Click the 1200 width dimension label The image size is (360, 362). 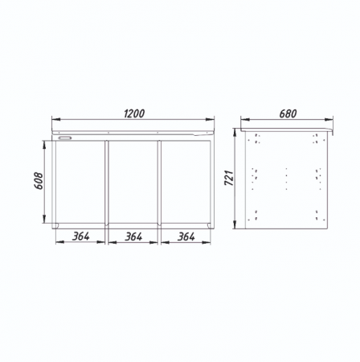(x=134, y=113)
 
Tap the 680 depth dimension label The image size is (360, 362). (x=288, y=113)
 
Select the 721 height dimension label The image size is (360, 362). (x=229, y=178)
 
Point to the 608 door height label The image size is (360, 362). (x=39, y=181)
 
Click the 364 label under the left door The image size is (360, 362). (x=80, y=237)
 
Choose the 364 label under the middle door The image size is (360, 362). (x=133, y=237)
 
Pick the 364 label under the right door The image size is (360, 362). (x=186, y=237)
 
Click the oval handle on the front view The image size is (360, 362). (x=65, y=138)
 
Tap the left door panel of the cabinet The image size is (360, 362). (x=80, y=182)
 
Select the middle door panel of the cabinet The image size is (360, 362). (x=133, y=182)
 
